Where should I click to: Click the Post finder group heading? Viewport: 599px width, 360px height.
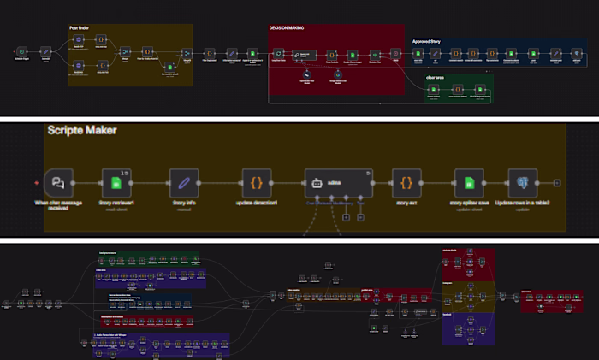[80, 27]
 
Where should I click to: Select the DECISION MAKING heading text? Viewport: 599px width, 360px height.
[287, 27]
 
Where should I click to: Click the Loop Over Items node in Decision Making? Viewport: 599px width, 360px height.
[277, 53]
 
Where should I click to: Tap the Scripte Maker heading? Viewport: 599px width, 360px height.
[83, 131]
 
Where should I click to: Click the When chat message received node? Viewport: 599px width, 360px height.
[58, 182]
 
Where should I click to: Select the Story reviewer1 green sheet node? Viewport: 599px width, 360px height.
[116, 182]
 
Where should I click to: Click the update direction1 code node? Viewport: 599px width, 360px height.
[255, 182]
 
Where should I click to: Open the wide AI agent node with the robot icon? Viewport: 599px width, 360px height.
[337, 182]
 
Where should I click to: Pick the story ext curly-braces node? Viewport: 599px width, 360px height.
[407, 182]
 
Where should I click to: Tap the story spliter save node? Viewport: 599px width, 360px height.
[469, 182]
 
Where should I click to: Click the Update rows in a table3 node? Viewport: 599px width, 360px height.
[523, 182]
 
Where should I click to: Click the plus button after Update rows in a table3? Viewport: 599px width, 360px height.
[556, 182]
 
